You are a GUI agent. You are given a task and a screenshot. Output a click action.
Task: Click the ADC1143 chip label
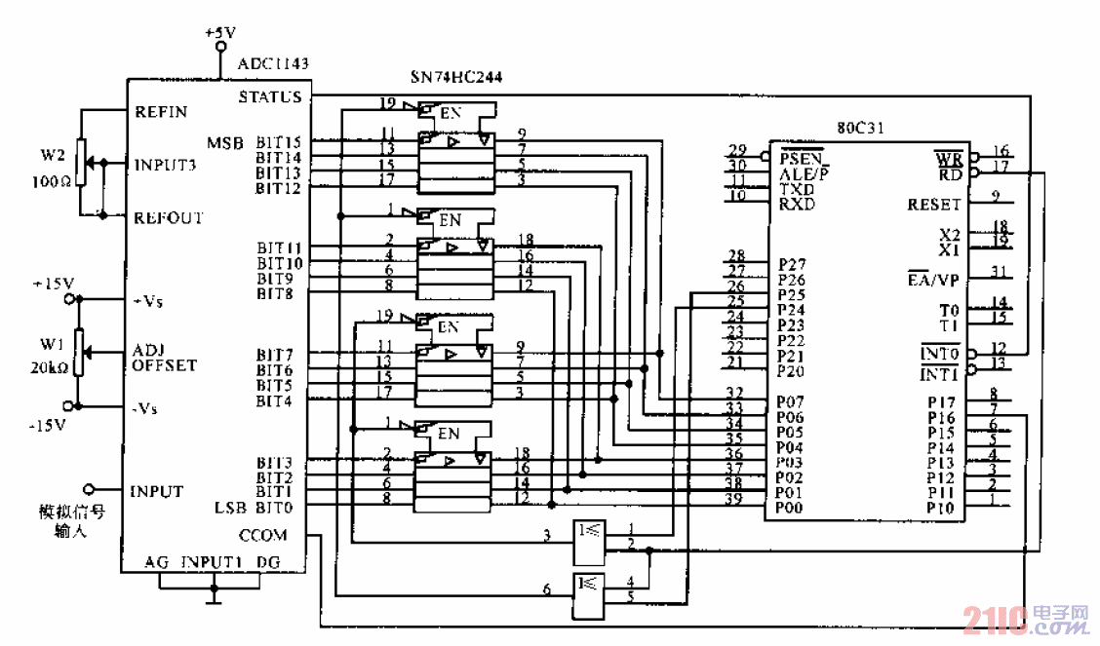pyautogui.click(x=273, y=64)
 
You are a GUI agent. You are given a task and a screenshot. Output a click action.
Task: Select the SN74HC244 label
pyautogui.click(x=456, y=76)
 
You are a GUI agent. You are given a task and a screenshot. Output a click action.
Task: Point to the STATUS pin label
pyautogui.click(x=270, y=97)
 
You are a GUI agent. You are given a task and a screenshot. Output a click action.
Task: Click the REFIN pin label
pyautogui.click(x=162, y=111)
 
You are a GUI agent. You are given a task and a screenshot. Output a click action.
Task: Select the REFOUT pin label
pyautogui.click(x=168, y=217)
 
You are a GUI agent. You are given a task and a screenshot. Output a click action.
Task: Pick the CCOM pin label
pyautogui.click(x=263, y=535)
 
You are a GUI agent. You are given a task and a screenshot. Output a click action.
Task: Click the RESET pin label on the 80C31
pyautogui.click(x=933, y=205)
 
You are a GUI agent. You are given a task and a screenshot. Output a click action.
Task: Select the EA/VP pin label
pyautogui.click(x=933, y=280)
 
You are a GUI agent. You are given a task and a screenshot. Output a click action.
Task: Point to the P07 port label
pyautogui.click(x=791, y=400)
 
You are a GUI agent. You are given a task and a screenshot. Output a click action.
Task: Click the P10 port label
pyautogui.click(x=940, y=508)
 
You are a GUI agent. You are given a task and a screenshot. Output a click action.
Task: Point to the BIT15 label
pyautogui.click(x=278, y=142)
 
